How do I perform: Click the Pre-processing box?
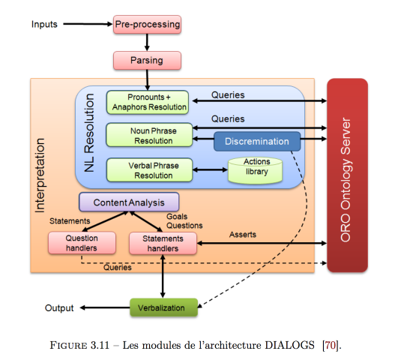[147, 24]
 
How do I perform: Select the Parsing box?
[147, 61]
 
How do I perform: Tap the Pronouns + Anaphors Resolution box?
[148, 102]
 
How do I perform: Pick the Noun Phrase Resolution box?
[149, 135]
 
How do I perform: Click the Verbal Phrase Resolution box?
[149, 170]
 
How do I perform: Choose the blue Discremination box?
[257, 142]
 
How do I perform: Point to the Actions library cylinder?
[255, 170]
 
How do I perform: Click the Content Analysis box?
[129, 202]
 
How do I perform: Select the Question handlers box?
[82, 243]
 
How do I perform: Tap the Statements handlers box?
[163, 243]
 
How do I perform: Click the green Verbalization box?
[163, 307]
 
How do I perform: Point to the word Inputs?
[44, 24]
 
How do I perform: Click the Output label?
[59, 307]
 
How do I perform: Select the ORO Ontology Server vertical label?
[346, 180]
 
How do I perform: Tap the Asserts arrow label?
[243, 235]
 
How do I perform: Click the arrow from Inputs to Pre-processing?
[88, 24]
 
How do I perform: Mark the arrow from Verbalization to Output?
[105, 307]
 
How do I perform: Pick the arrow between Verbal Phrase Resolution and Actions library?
[211, 170]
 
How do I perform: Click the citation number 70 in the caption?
[330, 345]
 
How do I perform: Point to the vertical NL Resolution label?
[89, 133]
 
